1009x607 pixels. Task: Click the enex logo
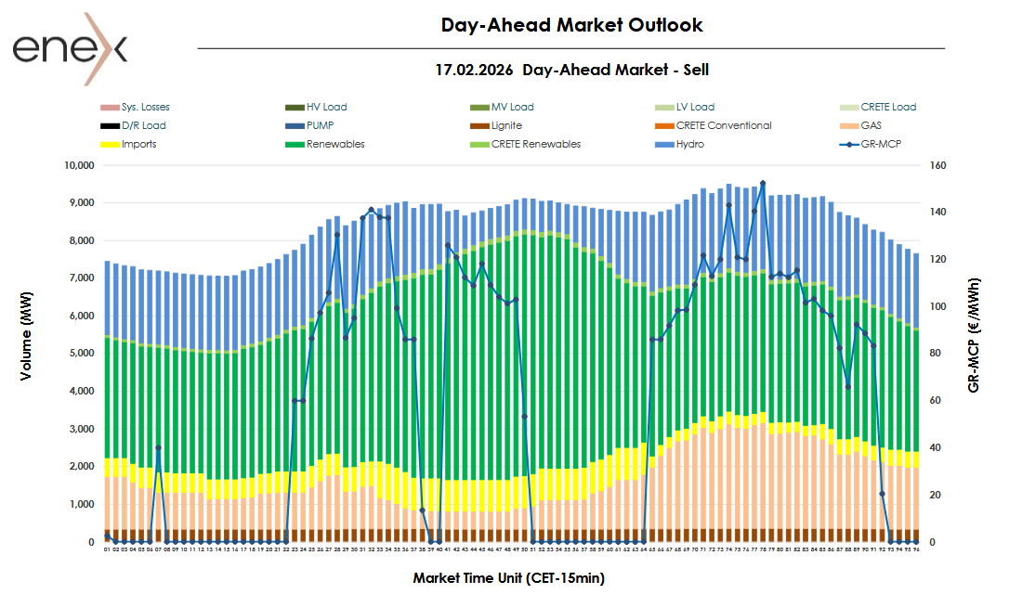(71, 48)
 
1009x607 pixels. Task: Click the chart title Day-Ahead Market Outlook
(571, 25)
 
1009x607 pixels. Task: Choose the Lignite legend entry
(506, 126)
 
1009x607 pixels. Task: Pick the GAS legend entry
(871, 126)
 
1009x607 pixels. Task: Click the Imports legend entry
(138, 145)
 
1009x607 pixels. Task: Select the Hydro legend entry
(689, 145)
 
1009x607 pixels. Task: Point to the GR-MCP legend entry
(881, 145)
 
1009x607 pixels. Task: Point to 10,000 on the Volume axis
(77, 165)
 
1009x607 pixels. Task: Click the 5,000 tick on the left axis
(80, 354)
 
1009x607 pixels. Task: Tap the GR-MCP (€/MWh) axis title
(974, 335)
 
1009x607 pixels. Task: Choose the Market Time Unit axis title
(509, 578)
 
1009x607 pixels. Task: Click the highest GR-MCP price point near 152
(763, 184)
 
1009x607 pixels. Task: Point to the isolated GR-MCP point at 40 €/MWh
(158, 448)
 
